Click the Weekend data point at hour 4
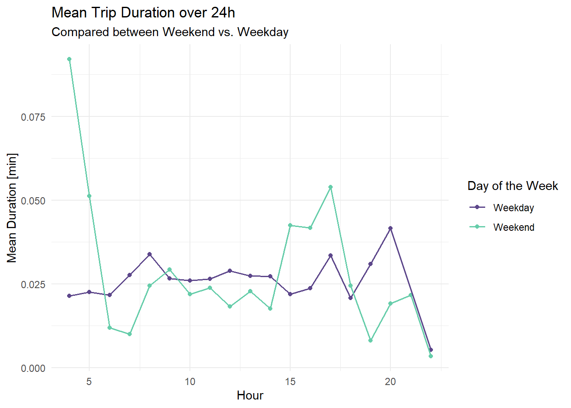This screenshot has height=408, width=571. tap(69, 59)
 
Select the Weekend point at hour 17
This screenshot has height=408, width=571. tap(331, 187)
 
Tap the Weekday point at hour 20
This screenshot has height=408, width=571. tap(390, 228)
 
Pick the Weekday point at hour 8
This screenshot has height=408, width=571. tap(150, 254)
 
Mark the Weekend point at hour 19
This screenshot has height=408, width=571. tap(370, 340)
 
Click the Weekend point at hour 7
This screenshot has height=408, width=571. tap(130, 334)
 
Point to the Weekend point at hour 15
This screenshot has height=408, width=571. tap(290, 225)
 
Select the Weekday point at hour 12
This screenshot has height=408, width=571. tap(230, 271)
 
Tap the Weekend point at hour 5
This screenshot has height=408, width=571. tap(89, 196)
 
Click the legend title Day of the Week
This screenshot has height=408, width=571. tap(512, 186)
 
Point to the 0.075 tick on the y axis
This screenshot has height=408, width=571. tap(33, 117)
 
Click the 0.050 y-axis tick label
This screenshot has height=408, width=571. tap(33, 201)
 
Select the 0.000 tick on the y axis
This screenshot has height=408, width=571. tap(33, 368)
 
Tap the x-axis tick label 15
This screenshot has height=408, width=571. tap(290, 382)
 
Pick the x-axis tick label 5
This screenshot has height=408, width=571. tap(89, 382)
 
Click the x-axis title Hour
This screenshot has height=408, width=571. tap(250, 396)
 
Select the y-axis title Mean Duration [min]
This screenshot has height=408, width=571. tap(12, 208)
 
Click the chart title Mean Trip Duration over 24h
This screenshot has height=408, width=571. tap(143, 13)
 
